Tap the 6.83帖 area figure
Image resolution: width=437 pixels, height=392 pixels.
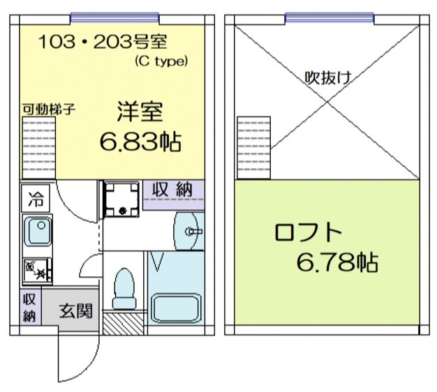tap(140, 142)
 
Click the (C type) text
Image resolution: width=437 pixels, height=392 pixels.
tap(161, 61)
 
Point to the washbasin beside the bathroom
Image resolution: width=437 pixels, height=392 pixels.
tap(187, 229)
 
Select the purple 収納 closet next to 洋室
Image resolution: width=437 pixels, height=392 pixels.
tap(173, 190)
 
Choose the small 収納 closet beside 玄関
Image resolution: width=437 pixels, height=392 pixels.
tap(29, 308)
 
